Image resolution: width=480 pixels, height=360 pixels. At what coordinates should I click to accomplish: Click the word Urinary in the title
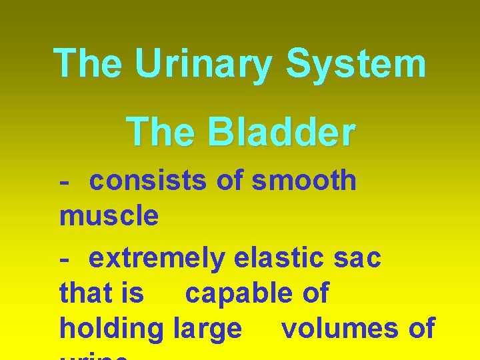[x=203, y=64]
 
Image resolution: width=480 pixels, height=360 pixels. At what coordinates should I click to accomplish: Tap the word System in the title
[x=356, y=64]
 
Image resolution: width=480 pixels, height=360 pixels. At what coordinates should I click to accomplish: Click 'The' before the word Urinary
[x=87, y=64]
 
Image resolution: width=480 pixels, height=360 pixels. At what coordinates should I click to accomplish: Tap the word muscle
[x=109, y=215]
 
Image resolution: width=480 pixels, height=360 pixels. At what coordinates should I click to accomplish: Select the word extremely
[x=157, y=258]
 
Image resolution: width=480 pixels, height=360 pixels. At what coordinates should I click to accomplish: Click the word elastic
[x=281, y=258]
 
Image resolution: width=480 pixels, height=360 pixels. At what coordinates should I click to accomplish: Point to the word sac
[x=358, y=258]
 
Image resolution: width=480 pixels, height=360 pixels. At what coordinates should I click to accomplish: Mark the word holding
[x=111, y=328]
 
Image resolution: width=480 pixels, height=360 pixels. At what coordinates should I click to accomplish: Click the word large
[x=207, y=328]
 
